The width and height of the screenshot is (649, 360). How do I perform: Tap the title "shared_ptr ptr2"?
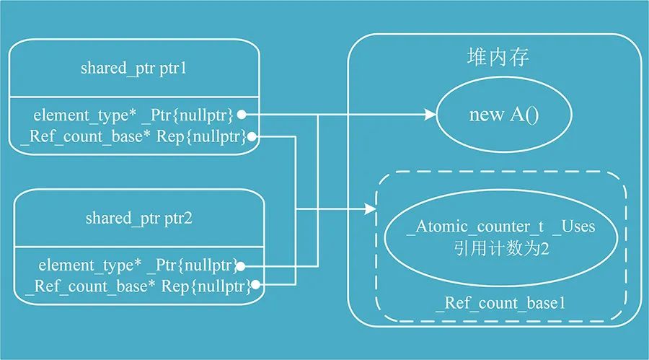138,218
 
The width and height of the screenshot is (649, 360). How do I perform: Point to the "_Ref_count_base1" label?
500,304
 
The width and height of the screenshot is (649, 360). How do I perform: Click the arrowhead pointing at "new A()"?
430,114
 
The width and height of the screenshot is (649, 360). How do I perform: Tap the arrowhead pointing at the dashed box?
371,210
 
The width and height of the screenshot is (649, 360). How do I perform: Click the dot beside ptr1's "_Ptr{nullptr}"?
242,114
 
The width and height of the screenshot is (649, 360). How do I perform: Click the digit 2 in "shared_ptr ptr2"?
188,218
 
